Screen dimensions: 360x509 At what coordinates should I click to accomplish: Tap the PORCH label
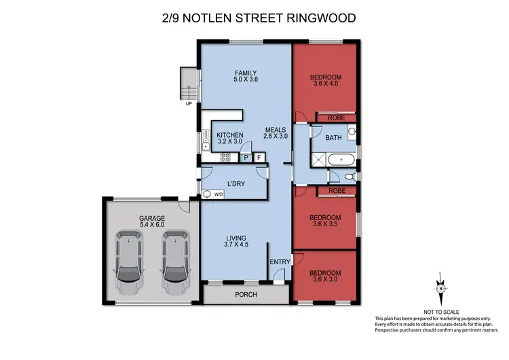[244, 295]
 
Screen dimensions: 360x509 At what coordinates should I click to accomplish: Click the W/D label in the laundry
[219, 194]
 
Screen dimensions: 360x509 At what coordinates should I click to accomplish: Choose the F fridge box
[259, 158]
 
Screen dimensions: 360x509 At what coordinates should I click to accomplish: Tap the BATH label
[333, 138]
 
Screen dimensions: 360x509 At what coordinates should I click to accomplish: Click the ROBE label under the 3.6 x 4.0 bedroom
[335, 117]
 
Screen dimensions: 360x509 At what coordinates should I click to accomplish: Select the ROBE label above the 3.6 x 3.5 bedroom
[335, 191]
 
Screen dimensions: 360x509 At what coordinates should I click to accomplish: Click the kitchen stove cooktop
[225, 158]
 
